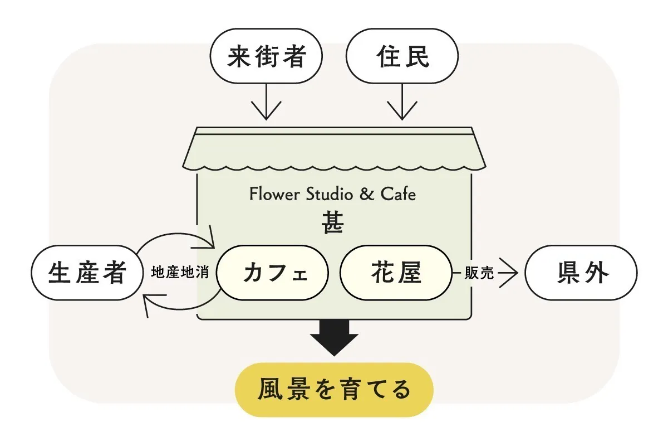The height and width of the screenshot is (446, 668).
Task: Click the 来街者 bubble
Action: pos(266,57)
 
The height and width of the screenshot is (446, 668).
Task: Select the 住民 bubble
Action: pos(402,57)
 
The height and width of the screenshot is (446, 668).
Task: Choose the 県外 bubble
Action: pos(581,273)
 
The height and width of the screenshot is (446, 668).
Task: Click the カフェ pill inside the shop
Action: pos(273,273)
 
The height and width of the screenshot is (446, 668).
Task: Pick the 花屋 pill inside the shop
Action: pos(396,273)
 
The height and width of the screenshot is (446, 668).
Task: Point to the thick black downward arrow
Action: pos(334,337)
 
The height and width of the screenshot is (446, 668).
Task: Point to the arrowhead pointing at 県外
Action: pos(509,273)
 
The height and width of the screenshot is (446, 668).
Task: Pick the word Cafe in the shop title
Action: pos(398,195)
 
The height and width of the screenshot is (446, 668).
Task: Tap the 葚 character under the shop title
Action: pos(332,224)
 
